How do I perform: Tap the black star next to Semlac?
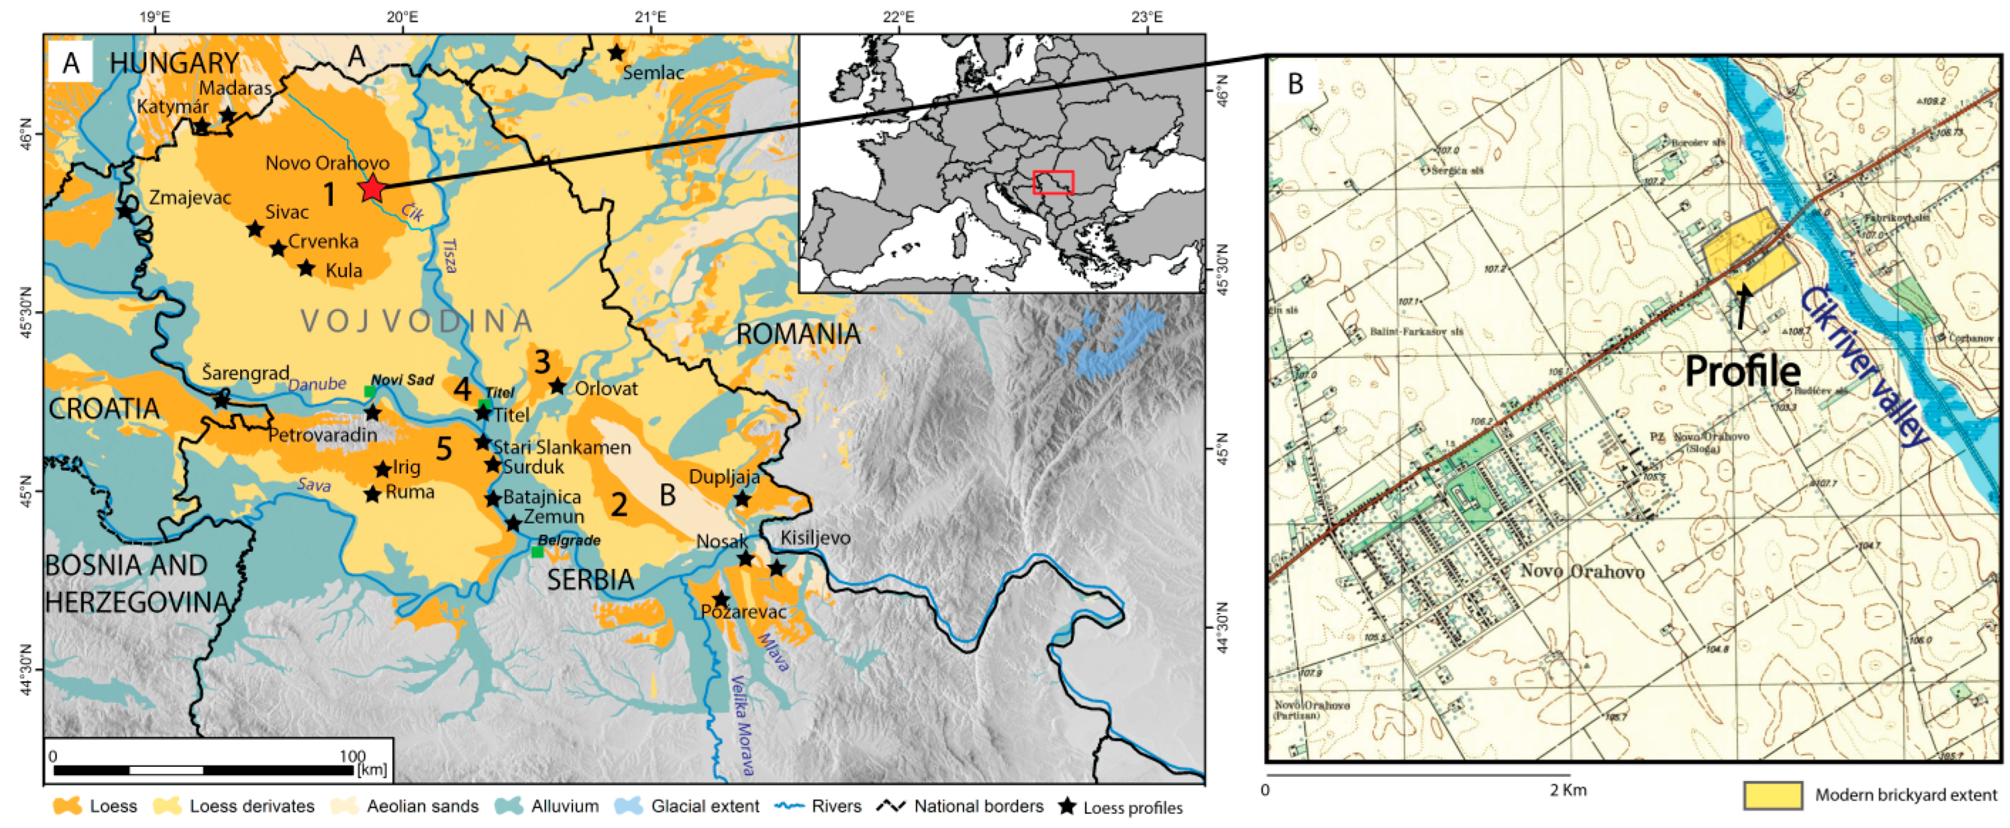point(616,53)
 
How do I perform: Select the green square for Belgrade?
point(537,552)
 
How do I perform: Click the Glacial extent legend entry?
point(687,806)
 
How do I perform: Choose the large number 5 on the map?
point(443,449)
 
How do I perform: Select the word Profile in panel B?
point(1743,371)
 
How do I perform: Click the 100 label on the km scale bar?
point(352,755)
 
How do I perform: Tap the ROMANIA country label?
point(798,334)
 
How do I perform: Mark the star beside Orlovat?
point(557,386)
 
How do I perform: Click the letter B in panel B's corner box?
point(1295,84)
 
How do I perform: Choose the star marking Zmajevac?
point(125,211)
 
